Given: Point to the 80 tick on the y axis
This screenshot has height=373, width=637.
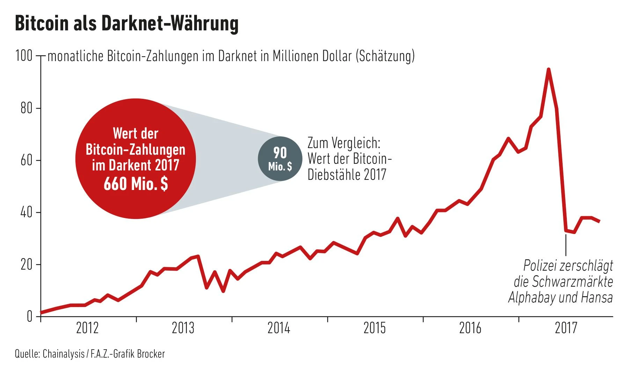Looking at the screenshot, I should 26,108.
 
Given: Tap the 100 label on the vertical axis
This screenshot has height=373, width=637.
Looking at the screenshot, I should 24,56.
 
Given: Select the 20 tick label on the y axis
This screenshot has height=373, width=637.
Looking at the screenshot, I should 26,265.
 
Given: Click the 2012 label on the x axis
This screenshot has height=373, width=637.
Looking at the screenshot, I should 87,328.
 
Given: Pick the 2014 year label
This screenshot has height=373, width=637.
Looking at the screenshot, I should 279,328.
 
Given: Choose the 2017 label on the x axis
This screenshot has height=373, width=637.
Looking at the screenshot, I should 566,328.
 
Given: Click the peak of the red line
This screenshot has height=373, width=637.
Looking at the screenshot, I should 548,70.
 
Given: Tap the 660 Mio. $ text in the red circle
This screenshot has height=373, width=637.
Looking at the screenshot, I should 136,184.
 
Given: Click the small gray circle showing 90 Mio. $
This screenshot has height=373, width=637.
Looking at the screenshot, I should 280,159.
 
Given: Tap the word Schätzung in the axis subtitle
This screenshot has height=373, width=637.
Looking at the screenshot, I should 385,56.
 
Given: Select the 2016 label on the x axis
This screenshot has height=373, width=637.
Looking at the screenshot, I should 470,328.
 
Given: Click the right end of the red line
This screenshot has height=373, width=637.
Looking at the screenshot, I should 599,221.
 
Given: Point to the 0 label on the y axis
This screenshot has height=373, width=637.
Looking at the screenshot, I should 29,316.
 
